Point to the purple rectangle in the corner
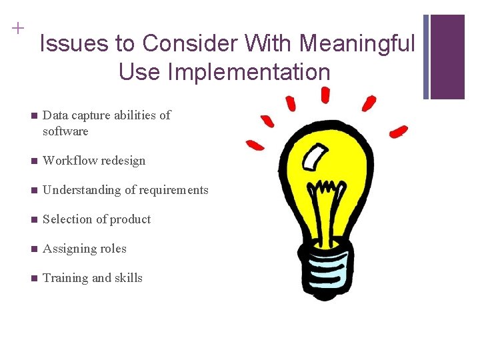coord(447,57)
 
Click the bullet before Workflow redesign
coord(34,161)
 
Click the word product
coord(132,219)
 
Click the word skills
coord(129,278)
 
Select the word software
coord(65,131)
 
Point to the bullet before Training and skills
coord(34,279)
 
